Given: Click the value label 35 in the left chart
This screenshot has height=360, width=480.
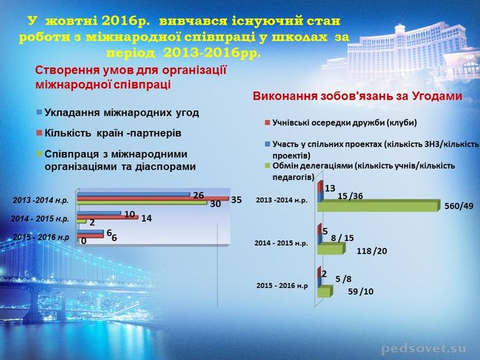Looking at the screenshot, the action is tap(237, 200).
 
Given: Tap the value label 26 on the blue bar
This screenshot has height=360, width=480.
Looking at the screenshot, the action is tap(199, 195).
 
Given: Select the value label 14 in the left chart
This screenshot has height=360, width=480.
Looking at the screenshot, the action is tap(147, 219).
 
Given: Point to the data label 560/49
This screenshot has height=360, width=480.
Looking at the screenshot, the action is tap(459, 206).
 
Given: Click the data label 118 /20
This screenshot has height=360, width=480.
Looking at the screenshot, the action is tap(371, 251).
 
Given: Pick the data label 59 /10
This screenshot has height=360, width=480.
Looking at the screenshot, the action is tap(361, 292).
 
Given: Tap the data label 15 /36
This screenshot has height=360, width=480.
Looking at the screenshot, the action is tap(351, 196).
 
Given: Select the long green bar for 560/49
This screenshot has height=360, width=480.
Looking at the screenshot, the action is tap(378, 205).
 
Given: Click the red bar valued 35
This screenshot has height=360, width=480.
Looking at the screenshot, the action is tap(153, 199).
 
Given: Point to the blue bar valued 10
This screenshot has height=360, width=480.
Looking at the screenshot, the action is tap(99, 213).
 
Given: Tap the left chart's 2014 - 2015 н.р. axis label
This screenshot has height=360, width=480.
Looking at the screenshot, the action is tap(40, 219).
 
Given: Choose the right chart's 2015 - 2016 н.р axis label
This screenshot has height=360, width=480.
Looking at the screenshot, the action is tap(282, 286).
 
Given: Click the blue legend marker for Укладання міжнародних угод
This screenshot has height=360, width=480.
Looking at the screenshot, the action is tap(39, 112).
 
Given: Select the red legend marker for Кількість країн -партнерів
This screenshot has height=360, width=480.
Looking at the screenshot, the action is tap(39, 132).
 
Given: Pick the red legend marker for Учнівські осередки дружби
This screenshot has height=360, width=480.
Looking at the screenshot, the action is tap(267, 123).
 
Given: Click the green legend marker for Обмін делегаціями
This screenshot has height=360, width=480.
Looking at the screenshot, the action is tap(267, 166).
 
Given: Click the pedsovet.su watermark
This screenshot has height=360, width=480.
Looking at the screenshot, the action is tap(424, 349).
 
